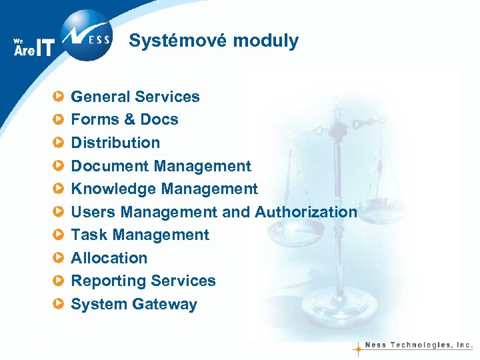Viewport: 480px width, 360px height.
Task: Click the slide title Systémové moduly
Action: (213, 41)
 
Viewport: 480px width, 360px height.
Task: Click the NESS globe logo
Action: (85, 35)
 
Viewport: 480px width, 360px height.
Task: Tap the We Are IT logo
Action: (33, 47)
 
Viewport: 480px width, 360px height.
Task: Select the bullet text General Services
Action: (135, 97)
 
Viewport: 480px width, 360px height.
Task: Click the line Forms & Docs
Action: (124, 120)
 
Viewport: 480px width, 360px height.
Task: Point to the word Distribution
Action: (115, 143)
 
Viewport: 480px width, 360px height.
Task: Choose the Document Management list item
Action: (161, 166)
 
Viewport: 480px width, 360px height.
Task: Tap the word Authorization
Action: (306, 212)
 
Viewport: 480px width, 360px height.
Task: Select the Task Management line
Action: (140, 235)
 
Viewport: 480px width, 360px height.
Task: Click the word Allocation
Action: (109, 258)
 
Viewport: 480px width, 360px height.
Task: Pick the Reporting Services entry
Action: (143, 281)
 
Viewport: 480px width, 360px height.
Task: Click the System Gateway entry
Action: (134, 304)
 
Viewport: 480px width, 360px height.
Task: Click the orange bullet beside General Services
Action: (59, 97)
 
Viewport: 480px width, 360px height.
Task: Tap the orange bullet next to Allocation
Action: (59, 258)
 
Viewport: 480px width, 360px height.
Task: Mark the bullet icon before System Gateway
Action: (59, 304)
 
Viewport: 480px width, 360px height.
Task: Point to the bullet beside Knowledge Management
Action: (59, 189)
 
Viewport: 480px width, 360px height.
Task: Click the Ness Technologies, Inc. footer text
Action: (419, 346)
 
